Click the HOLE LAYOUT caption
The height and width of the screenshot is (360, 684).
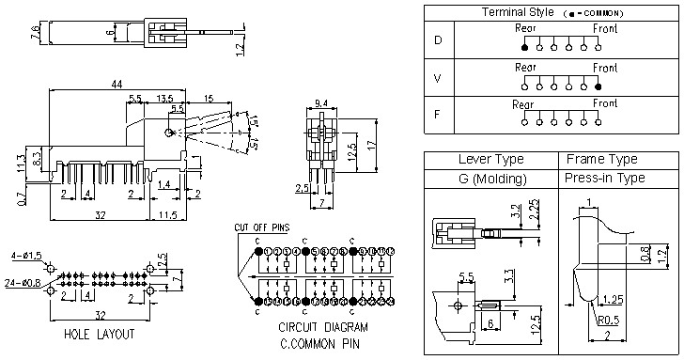(x=99, y=334)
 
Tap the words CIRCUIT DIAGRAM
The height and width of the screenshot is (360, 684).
(x=322, y=328)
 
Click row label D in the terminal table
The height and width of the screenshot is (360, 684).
(x=437, y=40)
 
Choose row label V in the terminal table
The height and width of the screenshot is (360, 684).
(x=437, y=80)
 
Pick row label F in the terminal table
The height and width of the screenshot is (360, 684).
(x=437, y=117)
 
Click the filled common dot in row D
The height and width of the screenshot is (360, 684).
(x=524, y=46)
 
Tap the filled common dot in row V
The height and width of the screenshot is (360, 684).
(x=598, y=86)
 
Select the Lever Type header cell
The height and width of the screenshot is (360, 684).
(x=490, y=159)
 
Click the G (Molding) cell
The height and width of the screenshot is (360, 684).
(x=490, y=178)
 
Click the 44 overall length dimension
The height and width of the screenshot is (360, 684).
(x=117, y=84)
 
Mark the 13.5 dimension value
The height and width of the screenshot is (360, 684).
(x=164, y=98)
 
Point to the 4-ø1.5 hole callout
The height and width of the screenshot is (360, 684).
(x=23, y=256)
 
